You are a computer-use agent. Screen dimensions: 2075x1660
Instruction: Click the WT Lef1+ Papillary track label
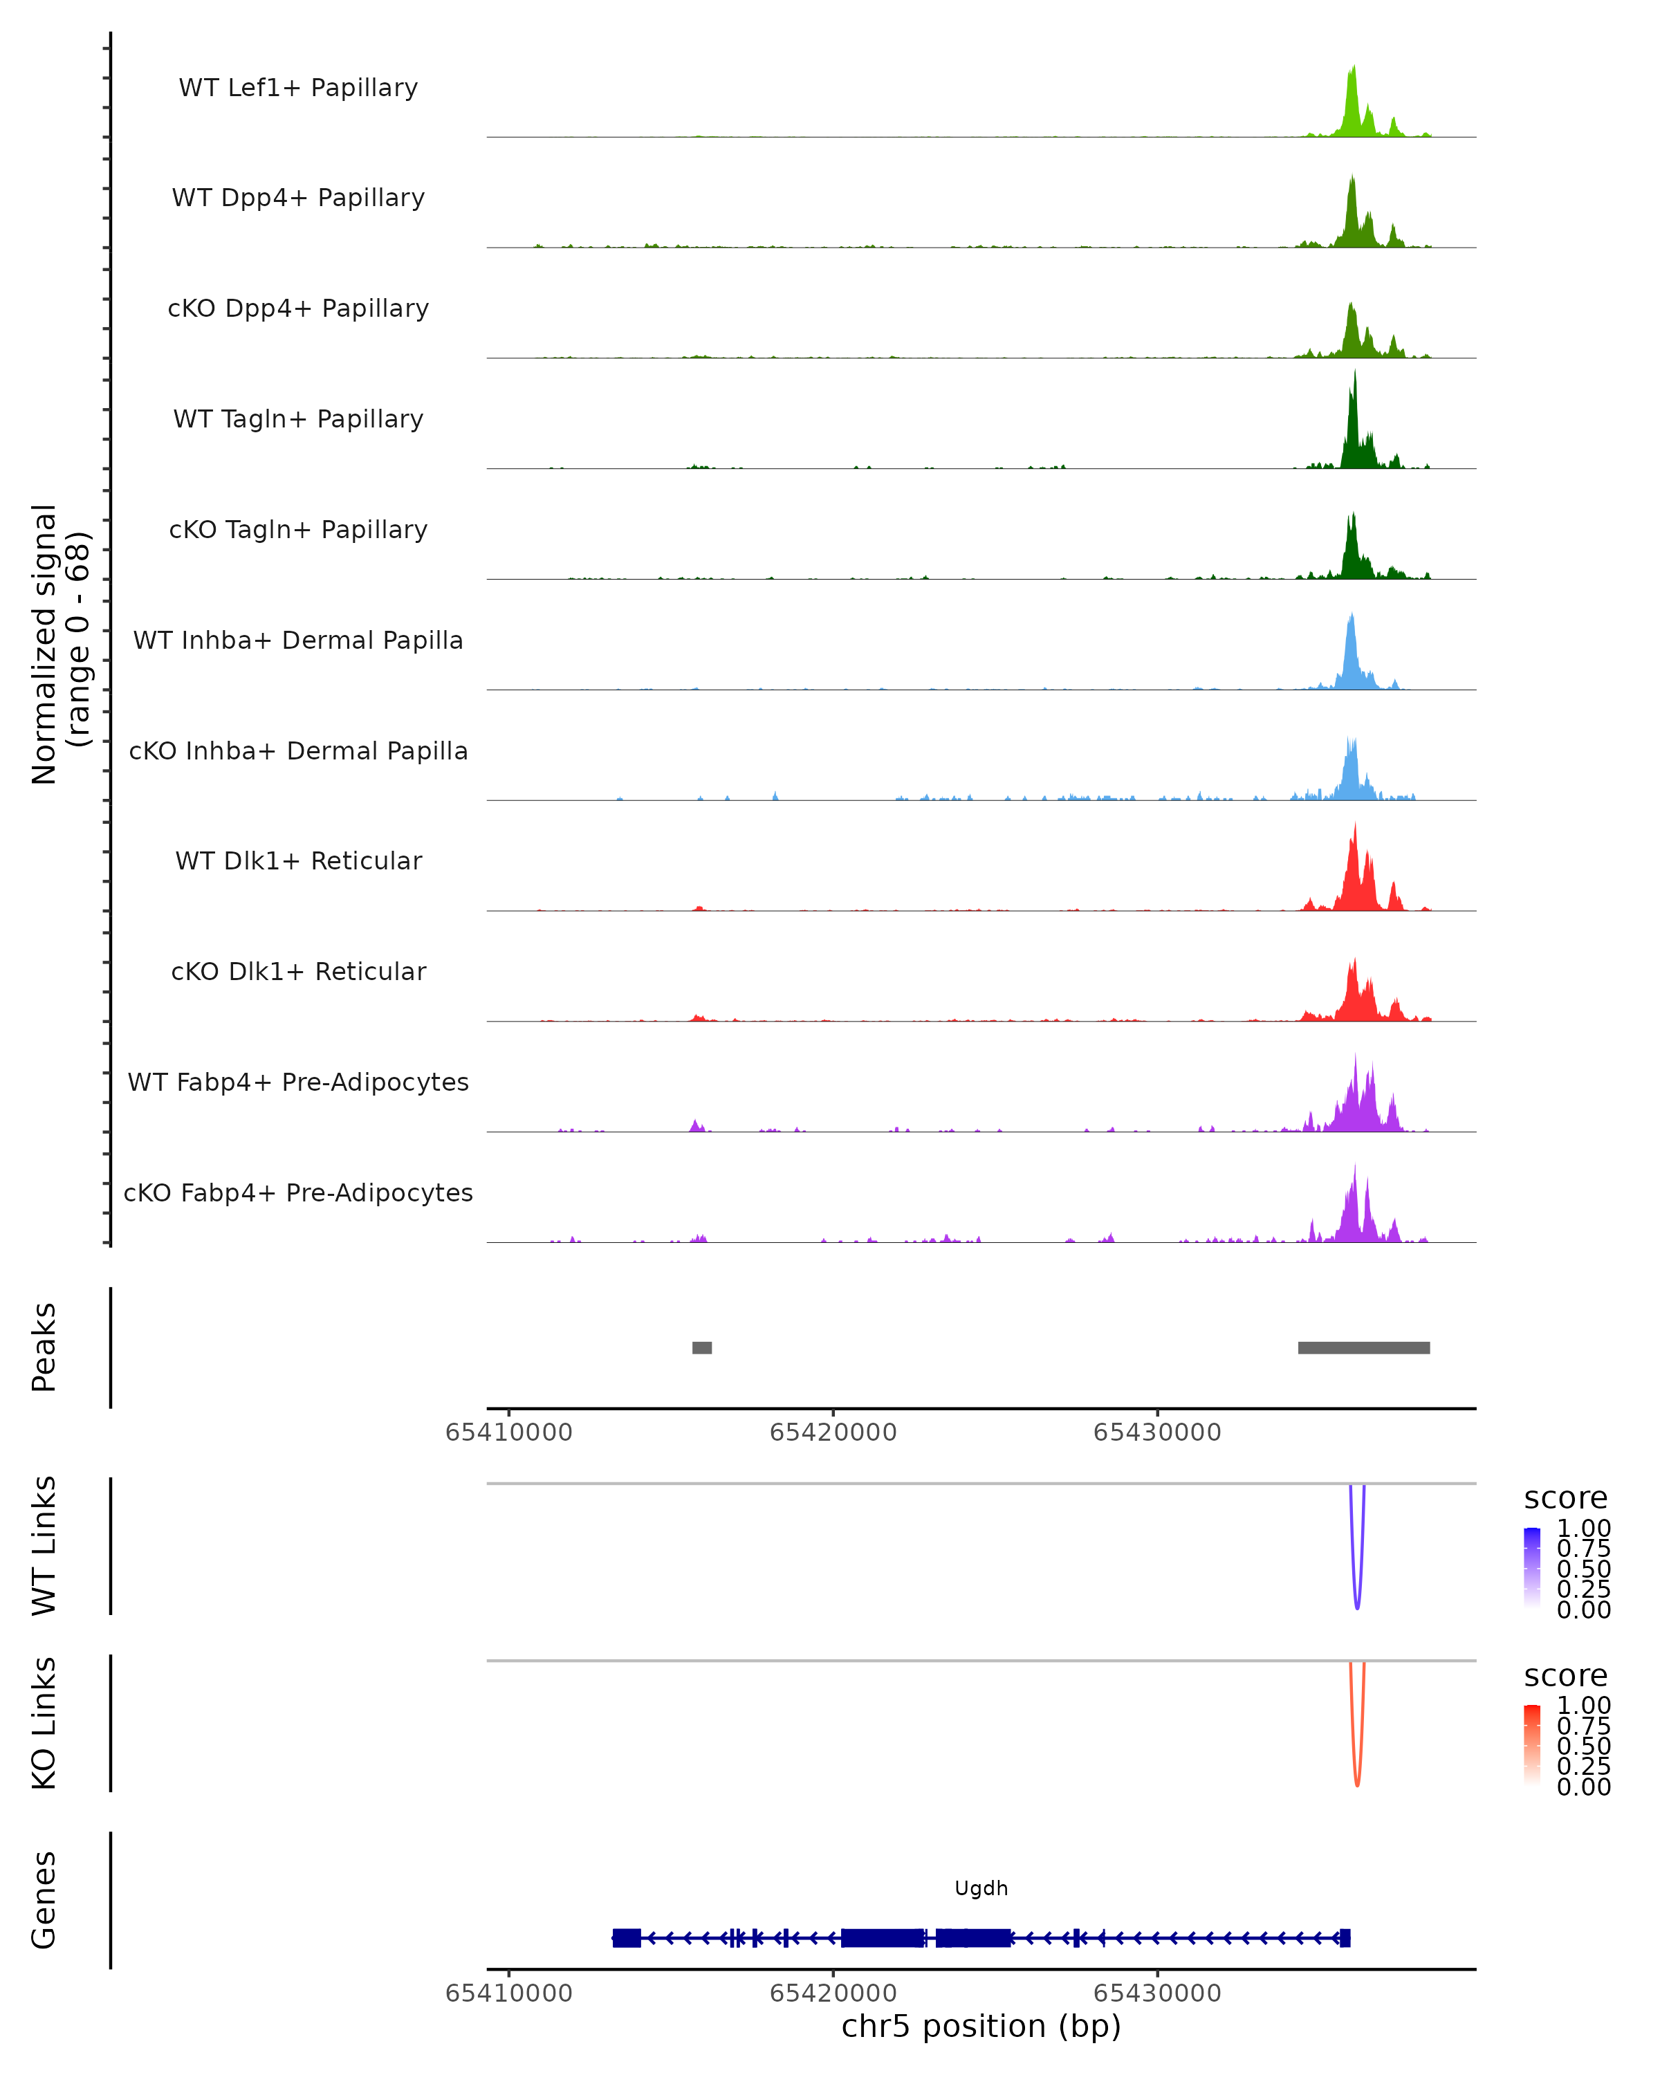pyautogui.click(x=298, y=88)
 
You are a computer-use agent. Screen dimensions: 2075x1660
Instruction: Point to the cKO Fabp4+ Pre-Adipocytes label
pyautogui.click(x=298, y=1192)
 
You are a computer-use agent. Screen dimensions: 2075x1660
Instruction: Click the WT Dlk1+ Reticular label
pyautogui.click(x=298, y=860)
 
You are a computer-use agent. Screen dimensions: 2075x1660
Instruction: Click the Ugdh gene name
pyautogui.click(x=981, y=1888)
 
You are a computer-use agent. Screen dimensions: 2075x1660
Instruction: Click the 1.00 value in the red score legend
pyautogui.click(x=1584, y=1706)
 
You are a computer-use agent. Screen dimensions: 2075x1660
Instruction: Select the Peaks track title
pyautogui.click(x=44, y=1347)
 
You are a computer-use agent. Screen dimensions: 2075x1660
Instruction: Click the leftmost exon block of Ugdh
pyautogui.click(x=627, y=1938)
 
